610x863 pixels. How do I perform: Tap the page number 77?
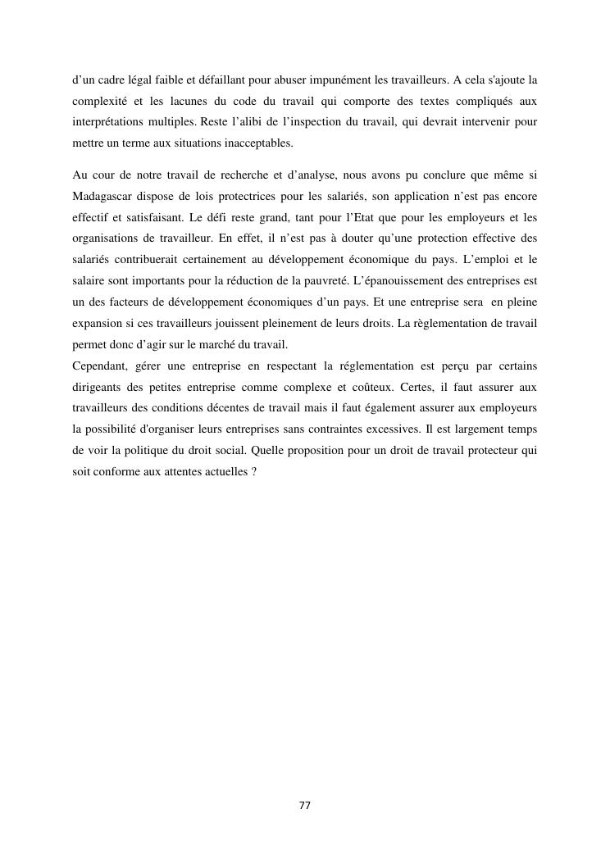[x=304, y=806]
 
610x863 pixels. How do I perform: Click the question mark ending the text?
[x=254, y=471]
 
